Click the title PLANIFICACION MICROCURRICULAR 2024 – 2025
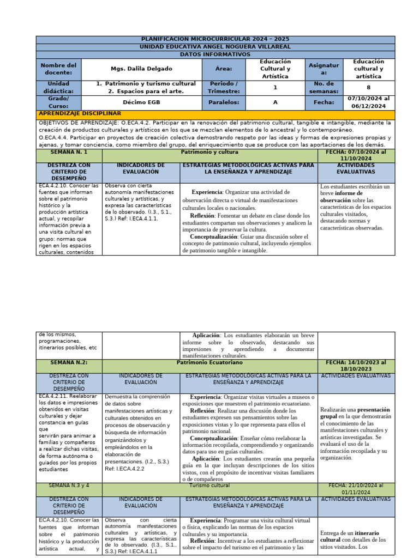click(215, 39)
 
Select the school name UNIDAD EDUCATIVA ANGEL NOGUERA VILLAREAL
click(215, 47)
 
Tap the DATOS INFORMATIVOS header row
click(215, 54)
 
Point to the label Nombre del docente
click(58, 69)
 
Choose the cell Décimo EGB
click(140, 102)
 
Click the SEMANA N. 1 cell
click(69, 153)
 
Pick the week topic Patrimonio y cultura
click(209, 153)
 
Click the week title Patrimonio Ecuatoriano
click(209, 362)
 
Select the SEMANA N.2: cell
click(69, 362)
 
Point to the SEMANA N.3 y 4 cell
click(69, 485)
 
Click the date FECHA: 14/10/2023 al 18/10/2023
click(356, 366)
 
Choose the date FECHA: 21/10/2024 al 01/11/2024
click(356, 488)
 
